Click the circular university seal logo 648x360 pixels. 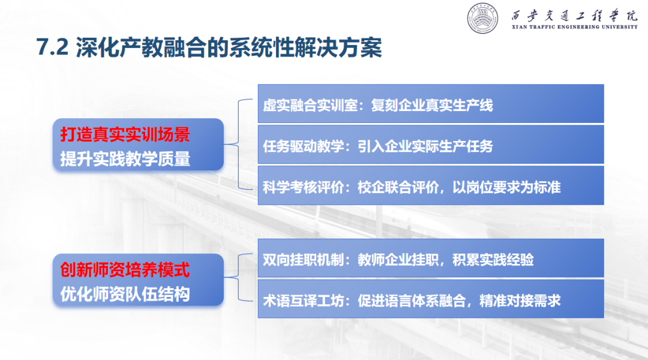coord(482,18)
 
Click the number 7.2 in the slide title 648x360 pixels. coord(52,47)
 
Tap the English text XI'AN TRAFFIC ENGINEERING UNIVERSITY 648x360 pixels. coord(574,27)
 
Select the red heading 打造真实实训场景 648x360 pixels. coord(125,135)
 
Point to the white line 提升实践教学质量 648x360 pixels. coord(125,159)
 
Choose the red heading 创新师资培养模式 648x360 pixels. coord(125,270)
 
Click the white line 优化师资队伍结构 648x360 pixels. coord(125,294)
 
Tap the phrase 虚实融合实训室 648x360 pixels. coord(310,106)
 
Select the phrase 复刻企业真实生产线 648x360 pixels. coord(432,106)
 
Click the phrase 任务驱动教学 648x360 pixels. coord(304,146)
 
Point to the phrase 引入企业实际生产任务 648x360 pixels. coord(425,146)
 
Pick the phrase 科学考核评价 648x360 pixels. coord(304,187)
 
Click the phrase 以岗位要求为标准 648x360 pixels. coord(506,187)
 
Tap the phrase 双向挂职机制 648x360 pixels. coord(304,260)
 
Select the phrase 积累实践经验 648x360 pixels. coord(493,260)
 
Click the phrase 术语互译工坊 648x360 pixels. coord(304,301)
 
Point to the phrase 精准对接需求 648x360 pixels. coord(520,301)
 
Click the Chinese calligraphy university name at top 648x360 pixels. coord(574,16)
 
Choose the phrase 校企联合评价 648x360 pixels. coord(398,187)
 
